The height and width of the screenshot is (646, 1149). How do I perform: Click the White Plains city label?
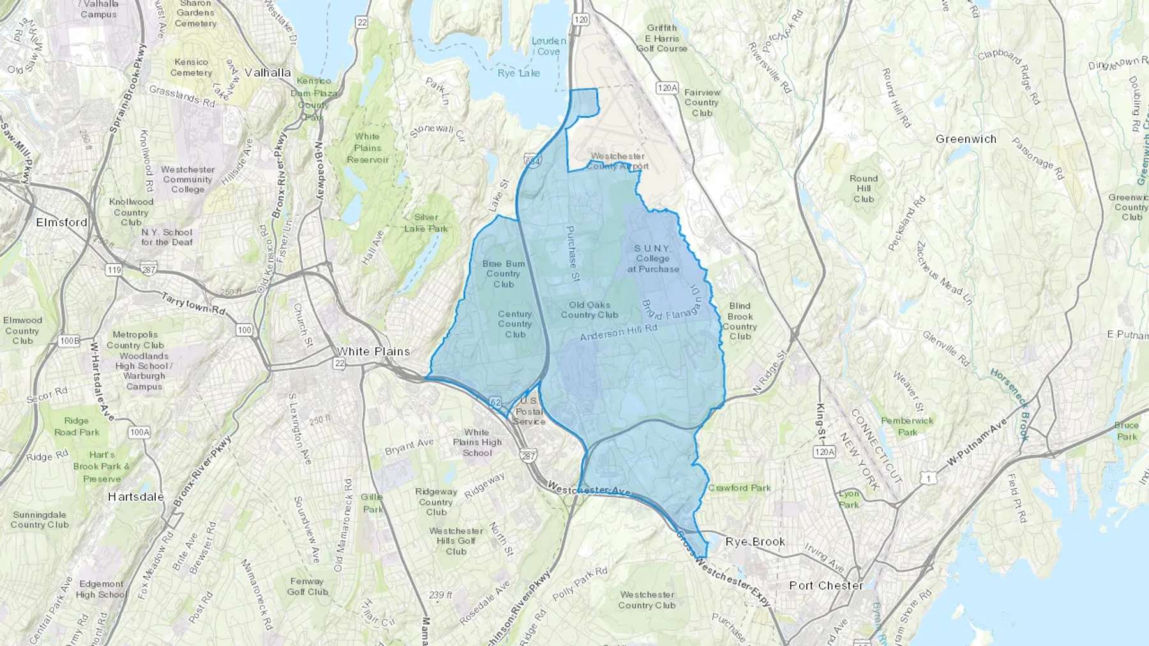(373, 351)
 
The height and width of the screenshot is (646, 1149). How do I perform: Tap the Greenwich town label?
(966, 139)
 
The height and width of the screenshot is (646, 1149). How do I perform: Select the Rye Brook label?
(755, 542)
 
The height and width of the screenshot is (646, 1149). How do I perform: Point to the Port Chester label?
(826, 585)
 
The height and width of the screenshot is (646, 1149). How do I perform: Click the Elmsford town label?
(62, 223)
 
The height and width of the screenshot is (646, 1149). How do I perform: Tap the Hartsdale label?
(136, 497)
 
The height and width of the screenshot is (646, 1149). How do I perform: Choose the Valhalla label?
(267, 73)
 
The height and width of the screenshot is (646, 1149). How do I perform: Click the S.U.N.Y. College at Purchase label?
(652, 258)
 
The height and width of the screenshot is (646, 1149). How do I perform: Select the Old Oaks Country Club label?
(589, 310)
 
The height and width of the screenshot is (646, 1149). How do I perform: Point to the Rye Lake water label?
(518, 73)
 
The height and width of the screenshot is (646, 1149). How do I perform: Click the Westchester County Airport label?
(617, 161)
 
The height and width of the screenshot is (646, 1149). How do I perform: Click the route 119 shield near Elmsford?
(114, 270)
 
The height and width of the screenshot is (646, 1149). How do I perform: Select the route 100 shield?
(244, 330)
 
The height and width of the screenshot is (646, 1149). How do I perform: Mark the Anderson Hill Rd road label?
(618, 332)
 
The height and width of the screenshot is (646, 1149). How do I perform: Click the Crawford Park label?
(739, 488)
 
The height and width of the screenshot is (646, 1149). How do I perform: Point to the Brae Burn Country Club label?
(504, 274)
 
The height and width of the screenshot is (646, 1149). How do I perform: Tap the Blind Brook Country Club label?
(740, 321)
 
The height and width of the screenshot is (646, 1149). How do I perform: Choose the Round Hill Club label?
(864, 189)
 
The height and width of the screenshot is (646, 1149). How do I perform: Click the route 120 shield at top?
(580, 20)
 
